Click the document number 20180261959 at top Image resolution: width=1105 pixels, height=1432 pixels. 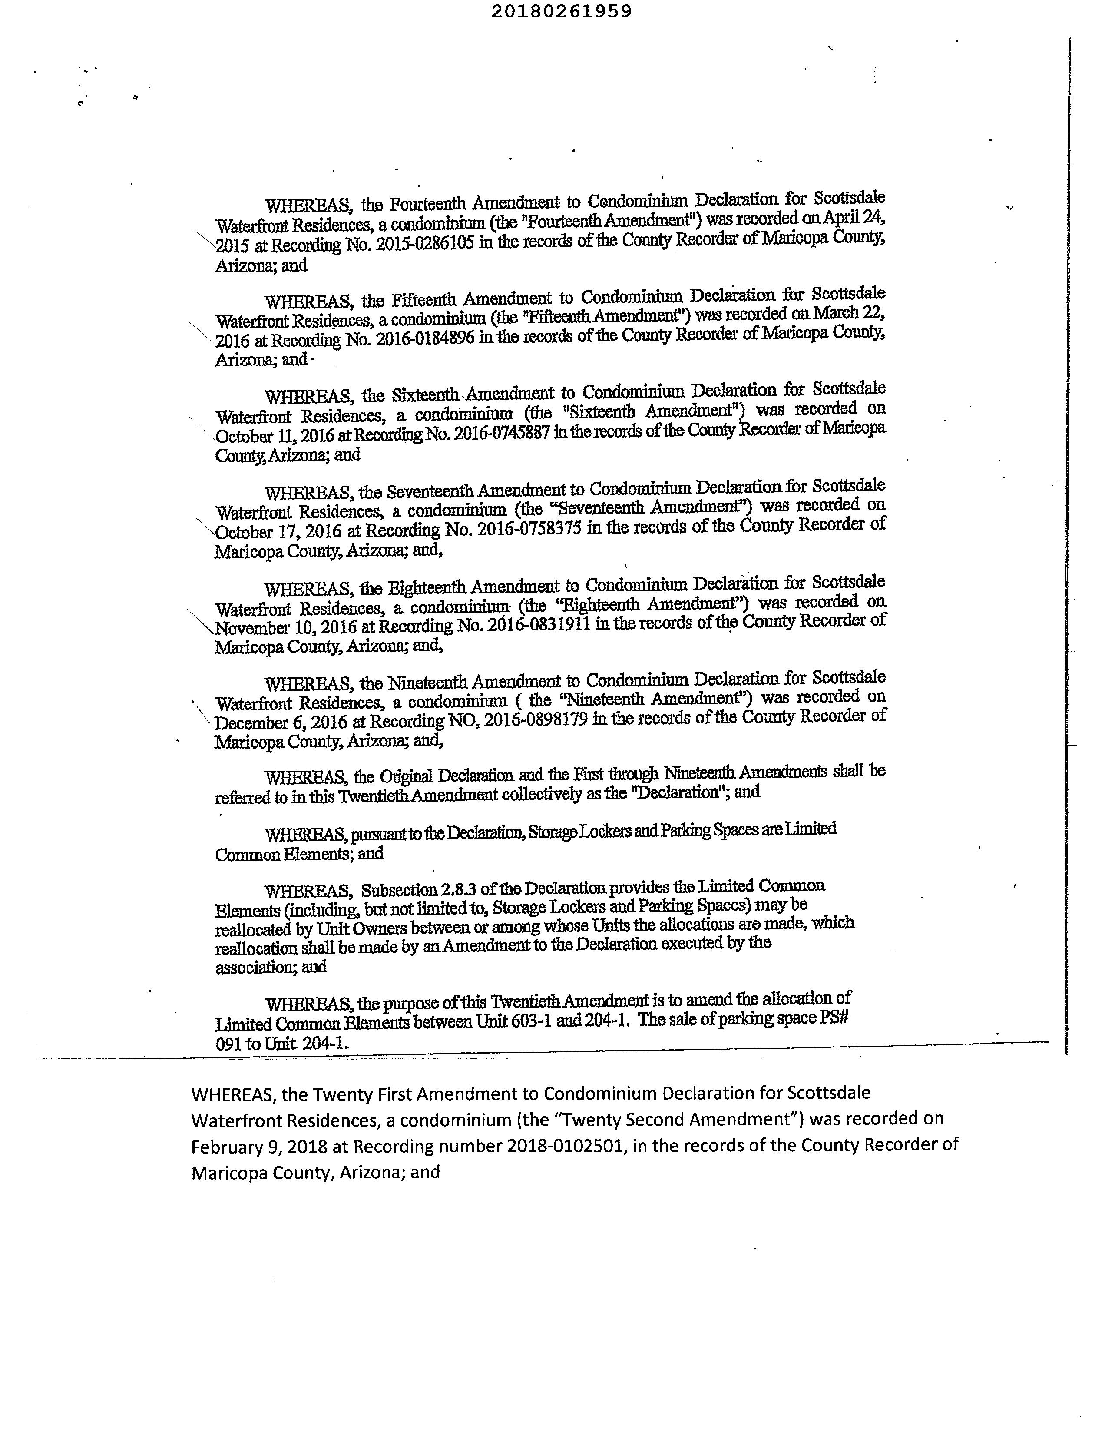[561, 11]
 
